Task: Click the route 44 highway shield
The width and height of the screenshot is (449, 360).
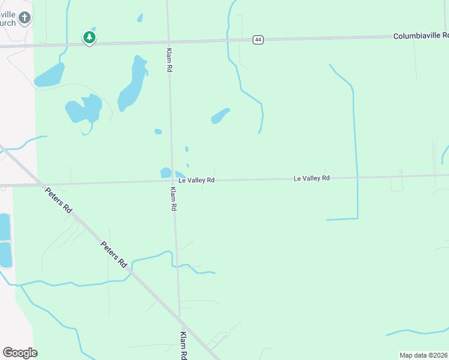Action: tap(258, 40)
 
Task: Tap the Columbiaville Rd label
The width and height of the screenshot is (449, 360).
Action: tap(421, 36)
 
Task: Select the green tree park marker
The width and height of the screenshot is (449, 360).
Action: tap(89, 37)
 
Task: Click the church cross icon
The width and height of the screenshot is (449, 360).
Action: tap(24, 17)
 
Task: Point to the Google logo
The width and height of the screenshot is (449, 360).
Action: tap(20, 353)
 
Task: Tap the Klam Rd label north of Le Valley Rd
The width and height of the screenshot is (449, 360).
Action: tap(169, 61)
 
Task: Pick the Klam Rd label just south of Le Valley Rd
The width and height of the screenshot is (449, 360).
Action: tap(173, 199)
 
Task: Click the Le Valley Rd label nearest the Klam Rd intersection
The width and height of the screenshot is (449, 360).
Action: tap(196, 180)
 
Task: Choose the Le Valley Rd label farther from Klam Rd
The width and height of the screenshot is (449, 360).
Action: tap(312, 178)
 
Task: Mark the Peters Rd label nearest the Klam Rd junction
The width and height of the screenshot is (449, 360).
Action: tap(114, 254)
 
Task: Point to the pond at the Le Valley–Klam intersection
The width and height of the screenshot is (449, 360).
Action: tap(166, 173)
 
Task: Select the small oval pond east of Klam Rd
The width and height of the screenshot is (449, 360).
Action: tap(220, 115)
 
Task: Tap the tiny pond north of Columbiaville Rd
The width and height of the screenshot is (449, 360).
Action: tap(140, 18)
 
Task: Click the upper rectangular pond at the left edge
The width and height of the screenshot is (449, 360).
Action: tap(5, 227)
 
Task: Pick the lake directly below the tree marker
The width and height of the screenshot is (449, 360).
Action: tap(49, 75)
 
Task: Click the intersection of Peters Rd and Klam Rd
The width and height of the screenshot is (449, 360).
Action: tap(179, 315)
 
